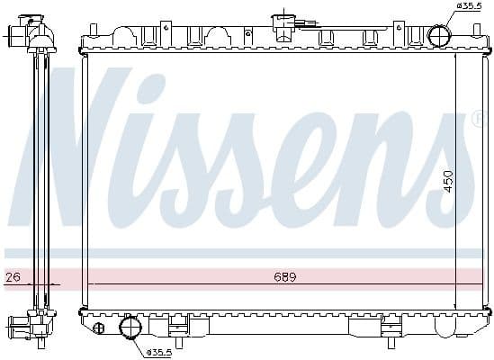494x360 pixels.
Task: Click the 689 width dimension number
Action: (x=285, y=277)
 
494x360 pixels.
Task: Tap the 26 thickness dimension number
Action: (x=12, y=277)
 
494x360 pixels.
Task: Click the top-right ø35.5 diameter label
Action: (x=470, y=6)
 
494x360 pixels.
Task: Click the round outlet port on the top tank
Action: (x=439, y=37)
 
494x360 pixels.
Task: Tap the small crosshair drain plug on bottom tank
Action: (x=98, y=328)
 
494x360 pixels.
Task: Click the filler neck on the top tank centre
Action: (x=284, y=23)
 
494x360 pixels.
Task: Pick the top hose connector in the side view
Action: (x=19, y=37)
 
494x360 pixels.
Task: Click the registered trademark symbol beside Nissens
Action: (x=477, y=118)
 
